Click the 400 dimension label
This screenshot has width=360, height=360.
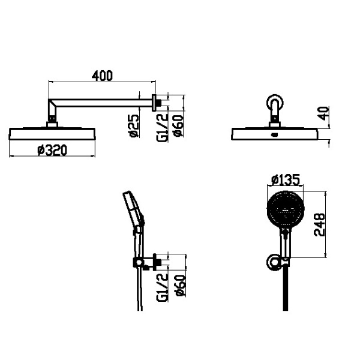pos(103,76)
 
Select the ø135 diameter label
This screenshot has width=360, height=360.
pos(285,179)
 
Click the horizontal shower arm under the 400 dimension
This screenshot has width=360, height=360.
pos(102,103)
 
